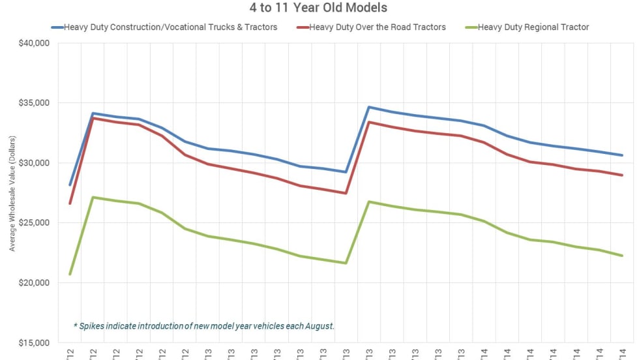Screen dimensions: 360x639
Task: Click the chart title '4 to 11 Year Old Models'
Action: click(319, 8)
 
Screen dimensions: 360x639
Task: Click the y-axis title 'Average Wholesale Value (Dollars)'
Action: click(11, 193)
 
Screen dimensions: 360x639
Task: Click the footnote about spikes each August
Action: click(204, 325)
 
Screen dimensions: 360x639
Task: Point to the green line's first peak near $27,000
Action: click(93, 197)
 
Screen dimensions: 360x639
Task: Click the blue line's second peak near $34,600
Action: click(368, 107)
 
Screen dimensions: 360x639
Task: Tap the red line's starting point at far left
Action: click(70, 203)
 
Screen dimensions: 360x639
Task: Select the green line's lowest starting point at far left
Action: click(70, 274)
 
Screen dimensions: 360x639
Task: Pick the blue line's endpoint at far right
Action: click(622, 155)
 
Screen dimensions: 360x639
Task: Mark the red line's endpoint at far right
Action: click(622, 175)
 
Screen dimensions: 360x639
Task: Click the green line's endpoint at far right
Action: click(622, 256)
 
